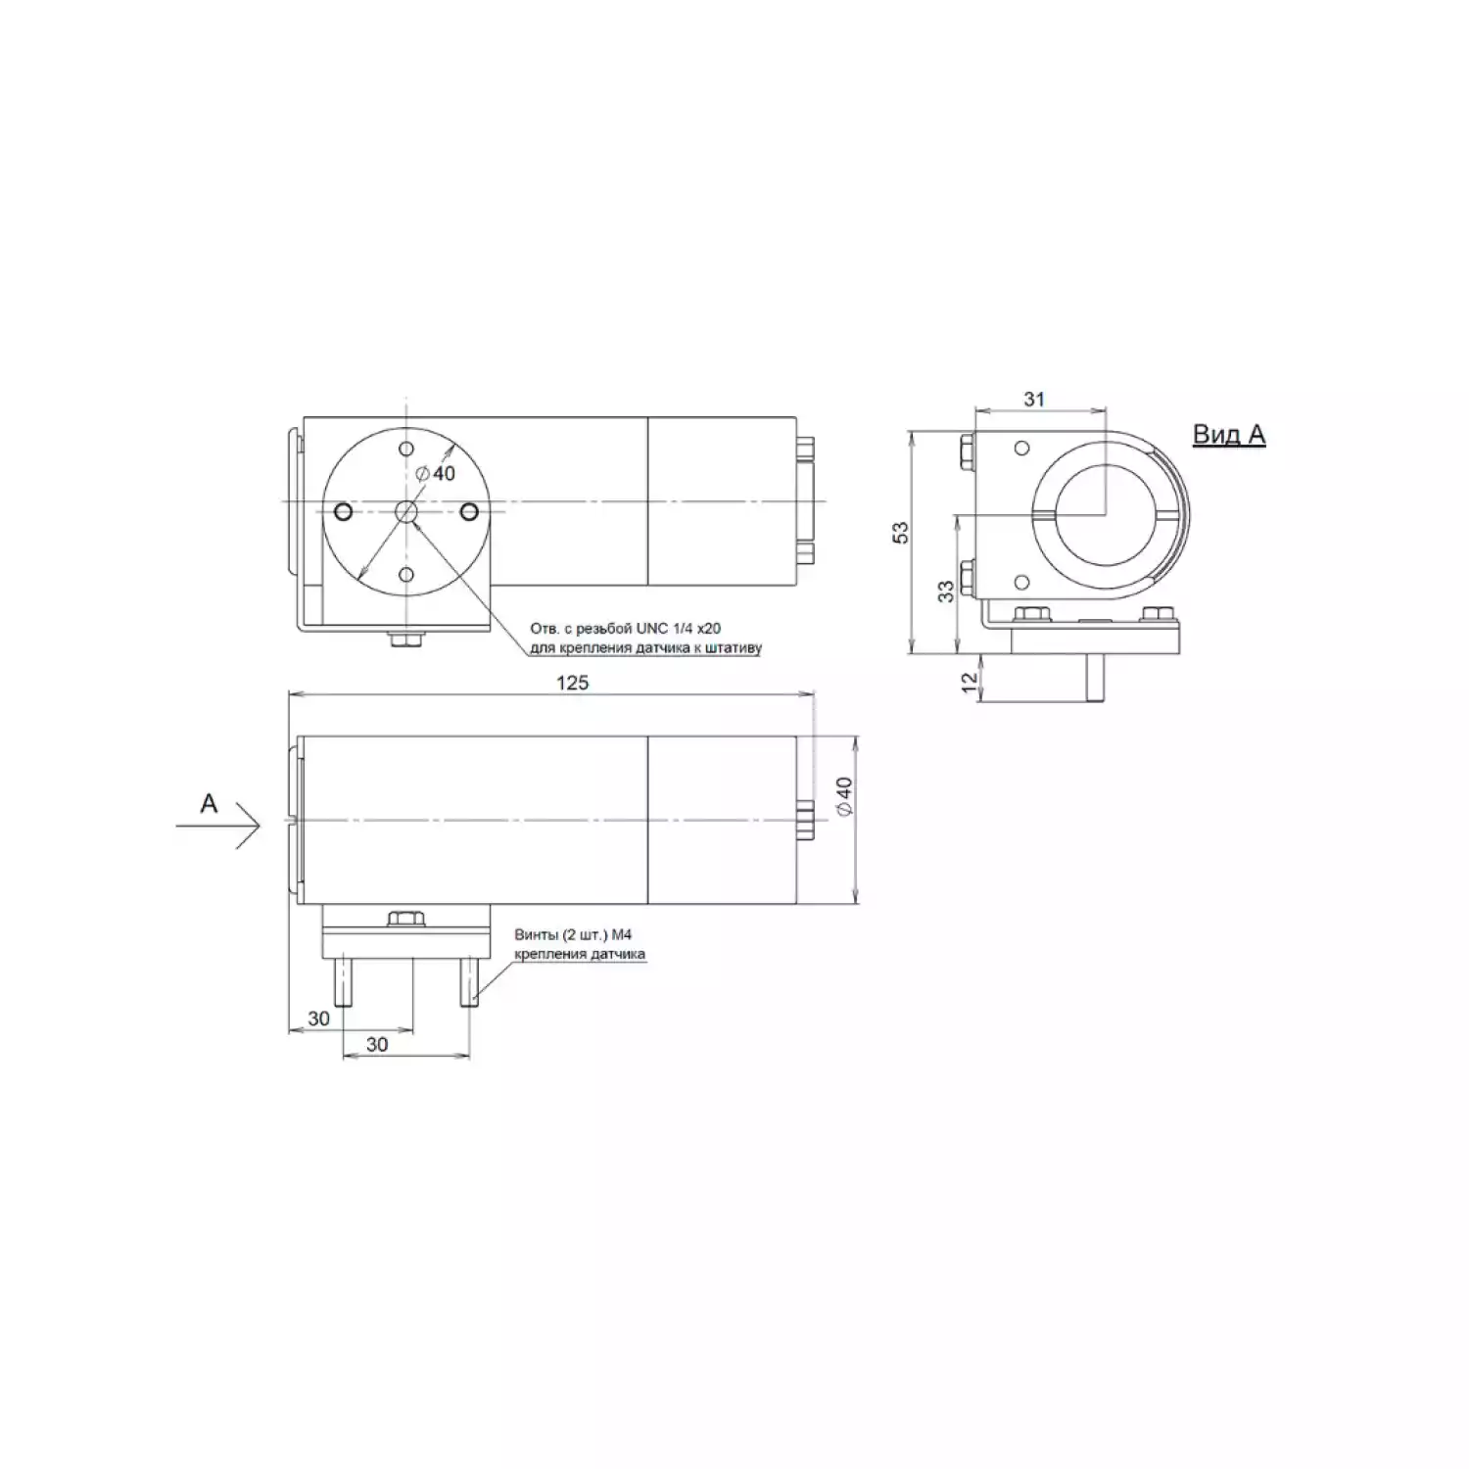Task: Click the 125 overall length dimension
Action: tap(572, 682)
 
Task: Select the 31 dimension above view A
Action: tap(1034, 399)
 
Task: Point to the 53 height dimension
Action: tap(900, 532)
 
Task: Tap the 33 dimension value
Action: tap(945, 591)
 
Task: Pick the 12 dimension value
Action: tap(970, 683)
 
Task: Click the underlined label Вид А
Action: tap(1228, 434)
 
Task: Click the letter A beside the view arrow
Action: tap(209, 803)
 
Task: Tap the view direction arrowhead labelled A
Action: tap(250, 828)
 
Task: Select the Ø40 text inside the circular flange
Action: tap(436, 473)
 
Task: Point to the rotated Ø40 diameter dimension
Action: tap(844, 795)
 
